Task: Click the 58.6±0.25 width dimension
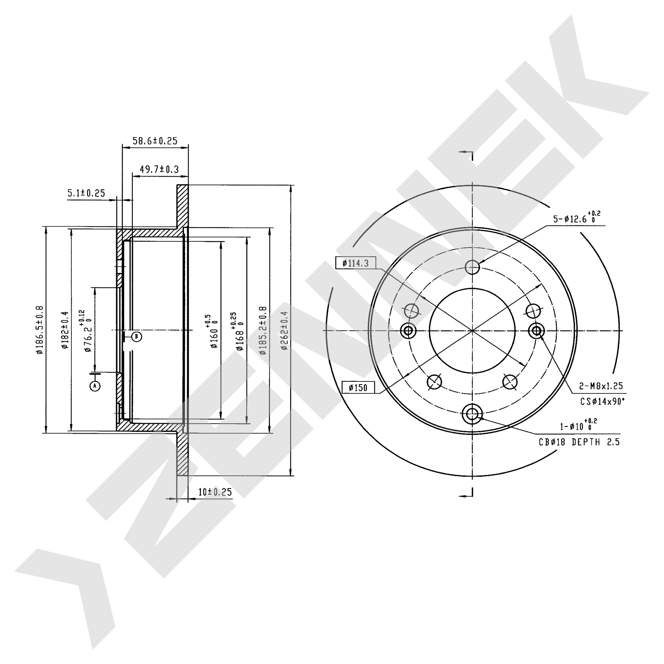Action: tap(155, 141)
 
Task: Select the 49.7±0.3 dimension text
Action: tap(159, 169)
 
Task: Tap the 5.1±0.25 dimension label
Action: tap(86, 193)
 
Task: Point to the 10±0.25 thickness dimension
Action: tap(215, 492)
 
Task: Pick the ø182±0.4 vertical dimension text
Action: tap(65, 330)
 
